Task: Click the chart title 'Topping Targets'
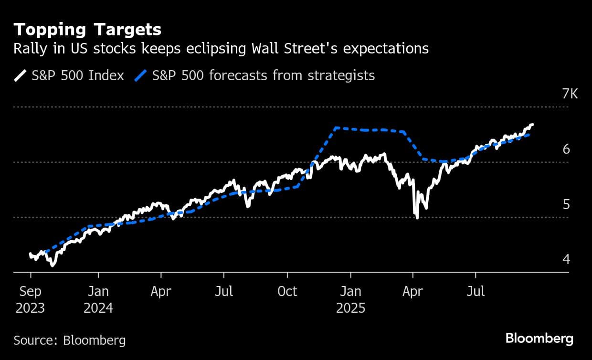[87, 30]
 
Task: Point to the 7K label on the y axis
[570, 94]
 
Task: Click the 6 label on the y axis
[566, 149]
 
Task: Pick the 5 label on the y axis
[566, 204]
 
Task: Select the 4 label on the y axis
[566, 259]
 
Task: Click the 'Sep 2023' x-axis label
[31, 299]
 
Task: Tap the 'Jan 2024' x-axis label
[98, 299]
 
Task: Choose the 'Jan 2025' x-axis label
[351, 299]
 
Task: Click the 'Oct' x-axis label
[287, 291]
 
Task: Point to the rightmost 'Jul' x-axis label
[476, 291]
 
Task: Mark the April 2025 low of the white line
[417, 218]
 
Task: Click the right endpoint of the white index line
[532, 125]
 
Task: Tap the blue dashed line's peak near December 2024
[336, 127]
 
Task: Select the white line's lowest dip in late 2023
[52, 265]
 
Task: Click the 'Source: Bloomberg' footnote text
[70, 340]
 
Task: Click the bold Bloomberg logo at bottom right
[539, 339]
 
